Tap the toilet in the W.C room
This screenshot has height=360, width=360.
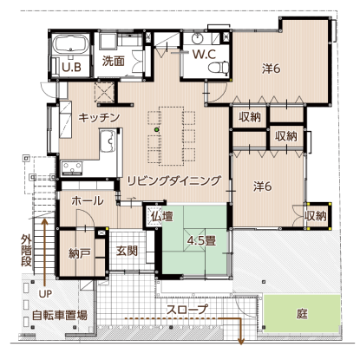click(219, 67)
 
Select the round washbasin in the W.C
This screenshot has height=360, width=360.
click(198, 38)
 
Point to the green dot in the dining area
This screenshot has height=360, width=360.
click(157, 129)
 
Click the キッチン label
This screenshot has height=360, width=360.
click(99, 117)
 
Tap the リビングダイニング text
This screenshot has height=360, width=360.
click(174, 180)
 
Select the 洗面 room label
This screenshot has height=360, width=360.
click(114, 61)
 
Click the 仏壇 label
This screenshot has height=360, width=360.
click(162, 216)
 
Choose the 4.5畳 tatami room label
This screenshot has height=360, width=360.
click(201, 240)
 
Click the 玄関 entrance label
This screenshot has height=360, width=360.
click(127, 251)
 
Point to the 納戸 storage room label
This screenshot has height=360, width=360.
click(80, 253)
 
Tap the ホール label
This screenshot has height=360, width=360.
click(88, 200)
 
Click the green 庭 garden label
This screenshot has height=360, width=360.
click(302, 313)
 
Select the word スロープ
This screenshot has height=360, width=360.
click(187, 309)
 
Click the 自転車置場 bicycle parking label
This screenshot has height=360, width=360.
click(60, 315)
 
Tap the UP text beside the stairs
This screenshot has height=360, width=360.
click(45, 294)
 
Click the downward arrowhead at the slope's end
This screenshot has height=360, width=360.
click(240, 342)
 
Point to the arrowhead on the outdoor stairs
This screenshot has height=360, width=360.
click(44, 222)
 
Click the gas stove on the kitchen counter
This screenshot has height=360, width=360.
click(72, 168)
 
